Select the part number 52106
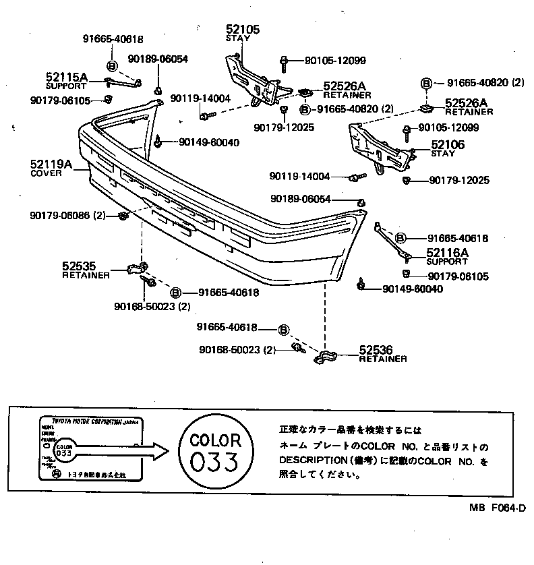point(447,144)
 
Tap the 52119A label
point(50,164)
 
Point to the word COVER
point(46,173)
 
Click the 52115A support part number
point(66,78)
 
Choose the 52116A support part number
point(447,253)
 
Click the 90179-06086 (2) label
point(68,215)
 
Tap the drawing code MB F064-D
point(498,527)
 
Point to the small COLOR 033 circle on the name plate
point(63,450)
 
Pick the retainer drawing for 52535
point(136,268)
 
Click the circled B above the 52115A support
point(111,65)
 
